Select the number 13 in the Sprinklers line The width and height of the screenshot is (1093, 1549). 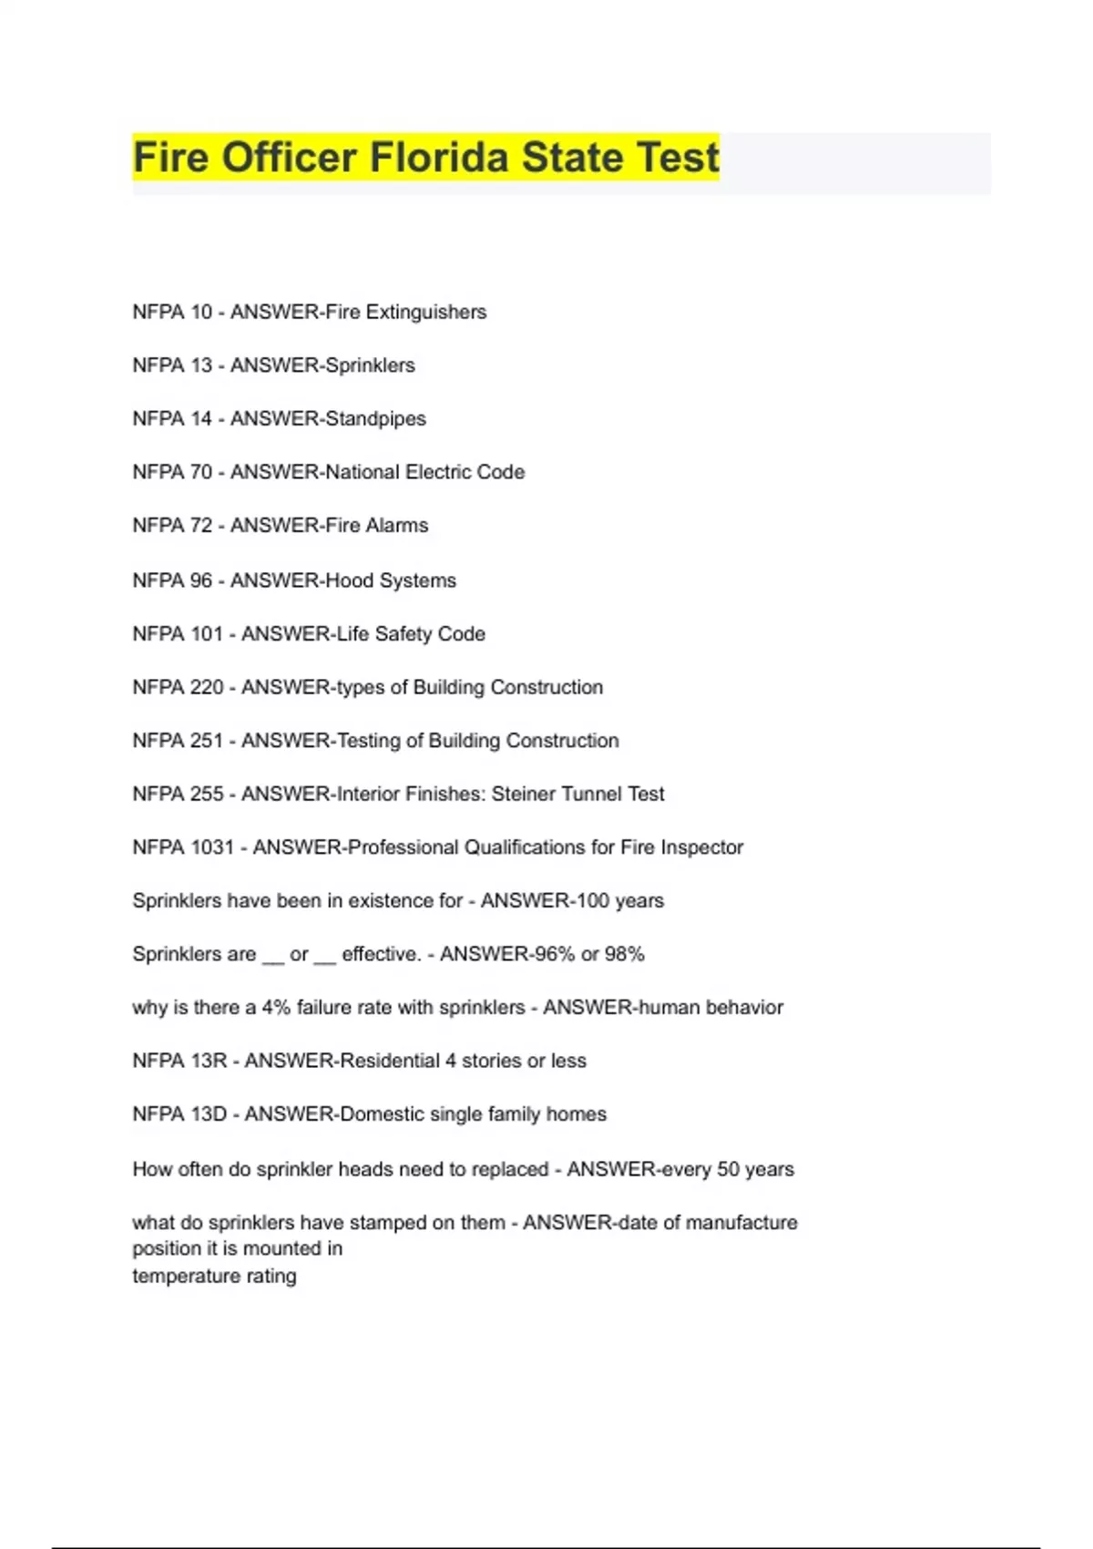point(201,365)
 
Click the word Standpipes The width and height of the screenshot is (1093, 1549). point(375,419)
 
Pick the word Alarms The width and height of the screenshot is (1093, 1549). point(396,526)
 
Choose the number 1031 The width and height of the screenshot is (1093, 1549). point(210,847)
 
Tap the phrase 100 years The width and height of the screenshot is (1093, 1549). point(619,901)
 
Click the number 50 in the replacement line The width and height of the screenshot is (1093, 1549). point(728,1169)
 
